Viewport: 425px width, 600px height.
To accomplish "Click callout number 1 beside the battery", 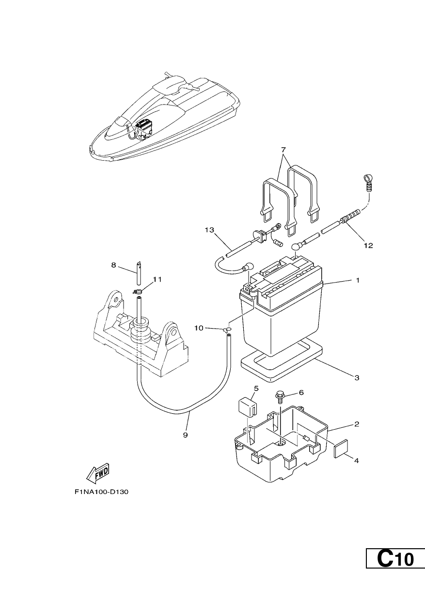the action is click(357, 281).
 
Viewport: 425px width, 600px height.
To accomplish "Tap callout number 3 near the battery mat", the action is click(357, 378).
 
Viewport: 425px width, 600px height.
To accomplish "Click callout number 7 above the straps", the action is click(283, 150).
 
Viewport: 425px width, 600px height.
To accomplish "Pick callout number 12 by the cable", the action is click(369, 245).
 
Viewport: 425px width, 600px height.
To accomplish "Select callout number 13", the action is click(209, 230).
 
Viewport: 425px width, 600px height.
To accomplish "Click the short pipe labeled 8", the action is click(138, 273).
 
